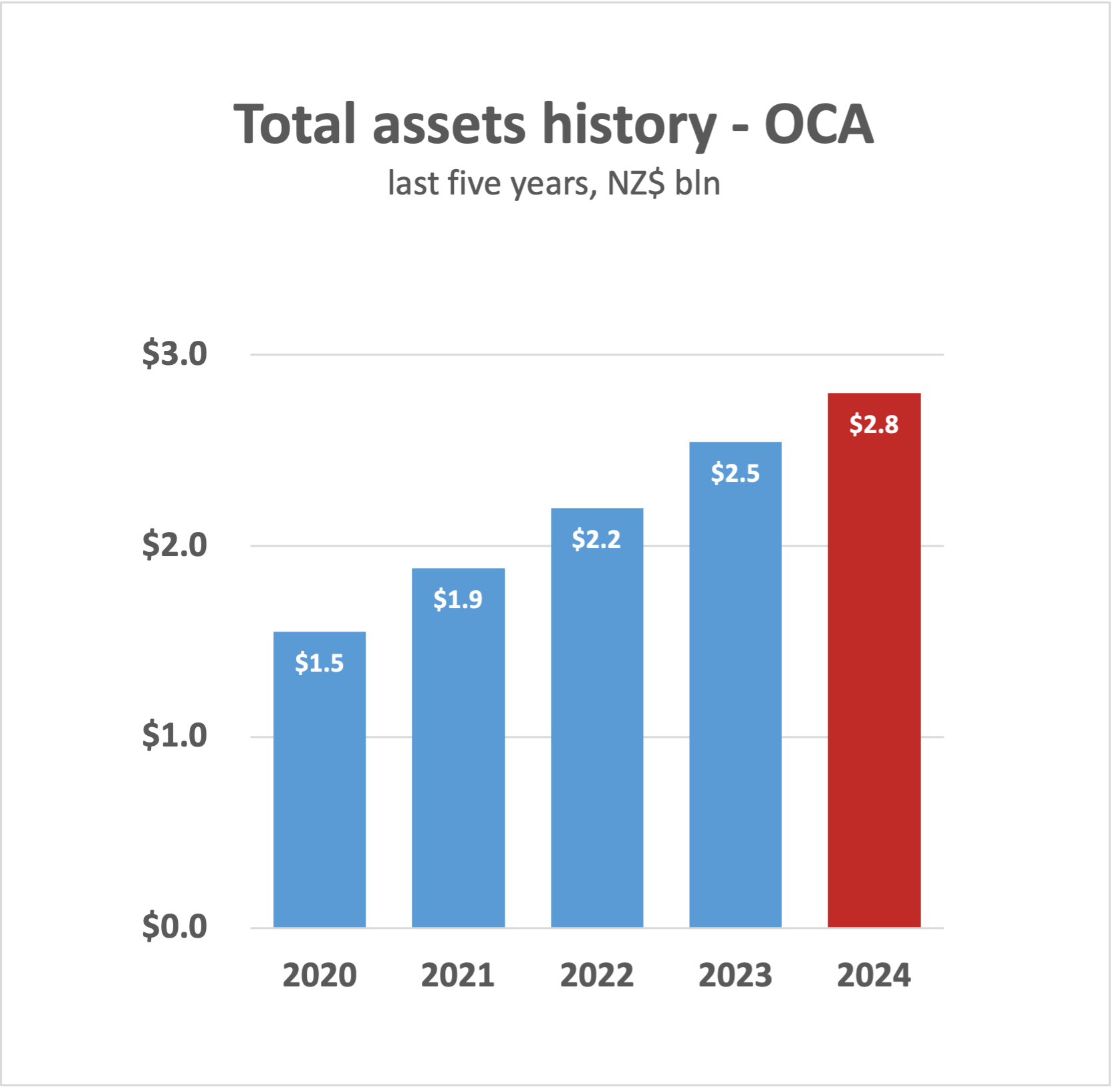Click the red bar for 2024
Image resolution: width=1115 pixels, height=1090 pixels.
point(874,668)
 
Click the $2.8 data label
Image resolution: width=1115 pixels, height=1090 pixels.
point(874,424)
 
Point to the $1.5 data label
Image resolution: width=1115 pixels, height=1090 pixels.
point(320,663)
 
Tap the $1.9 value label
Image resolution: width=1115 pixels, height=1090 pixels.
point(458,599)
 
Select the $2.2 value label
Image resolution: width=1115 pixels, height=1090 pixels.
point(596,539)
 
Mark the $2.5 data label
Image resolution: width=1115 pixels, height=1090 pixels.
point(735,473)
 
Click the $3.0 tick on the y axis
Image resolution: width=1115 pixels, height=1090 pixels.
point(174,354)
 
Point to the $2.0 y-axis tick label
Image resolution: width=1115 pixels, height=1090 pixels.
point(174,545)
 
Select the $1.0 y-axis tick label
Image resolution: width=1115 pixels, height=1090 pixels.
point(174,736)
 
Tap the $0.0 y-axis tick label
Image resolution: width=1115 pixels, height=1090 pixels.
point(174,927)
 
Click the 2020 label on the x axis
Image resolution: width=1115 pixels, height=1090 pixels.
point(320,976)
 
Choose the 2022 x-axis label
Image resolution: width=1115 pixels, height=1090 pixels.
point(597,976)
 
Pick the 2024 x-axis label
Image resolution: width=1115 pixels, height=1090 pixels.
point(874,976)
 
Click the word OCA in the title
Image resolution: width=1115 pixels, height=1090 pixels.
point(819,124)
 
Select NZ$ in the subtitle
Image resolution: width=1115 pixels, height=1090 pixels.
point(636,184)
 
